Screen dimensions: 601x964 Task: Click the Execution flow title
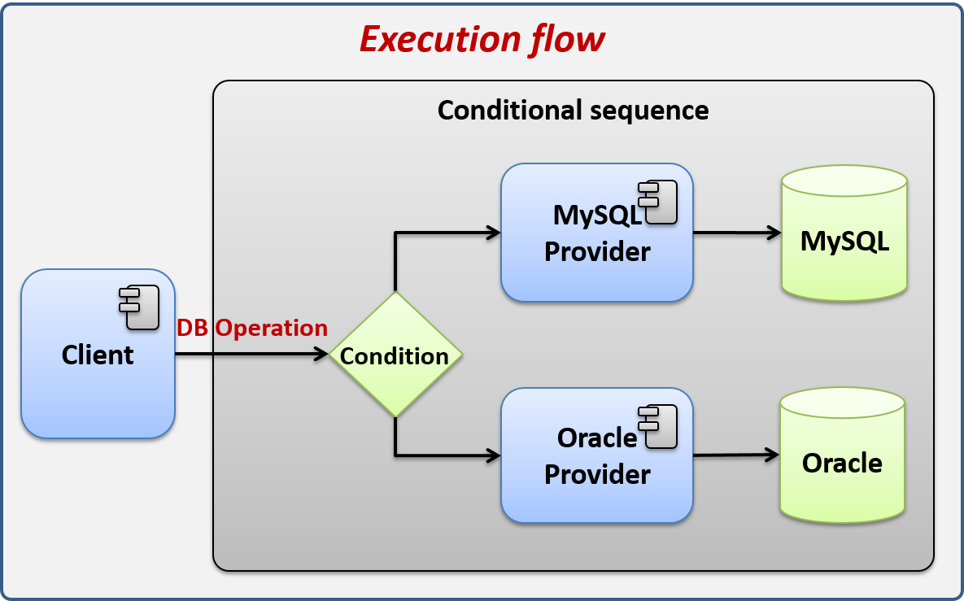pyautogui.click(x=482, y=39)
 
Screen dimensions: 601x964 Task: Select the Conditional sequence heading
pyautogui.click(x=573, y=110)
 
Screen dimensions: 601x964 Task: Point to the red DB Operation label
pyautogui.click(x=252, y=329)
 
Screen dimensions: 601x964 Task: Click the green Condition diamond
pyautogui.click(x=395, y=355)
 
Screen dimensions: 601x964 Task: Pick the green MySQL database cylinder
pyautogui.click(x=844, y=242)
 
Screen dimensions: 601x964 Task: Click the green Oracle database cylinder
pyautogui.click(x=842, y=464)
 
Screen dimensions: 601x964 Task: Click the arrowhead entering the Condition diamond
pyautogui.click(x=321, y=355)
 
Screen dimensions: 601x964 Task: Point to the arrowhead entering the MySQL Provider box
pyautogui.click(x=492, y=233)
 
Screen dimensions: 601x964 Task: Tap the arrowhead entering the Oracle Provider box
pyautogui.click(x=492, y=455)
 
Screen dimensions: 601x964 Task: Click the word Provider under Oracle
pyautogui.click(x=597, y=474)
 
